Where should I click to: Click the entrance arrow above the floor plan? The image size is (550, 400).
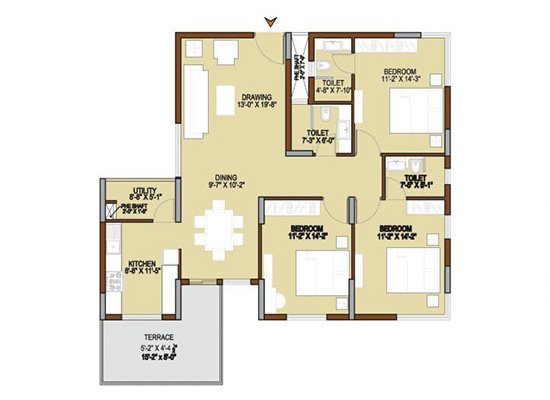[x=269, y=20]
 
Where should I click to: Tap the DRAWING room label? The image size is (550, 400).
[x=256, y=97]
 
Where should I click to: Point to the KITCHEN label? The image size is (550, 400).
[x=142, y=265]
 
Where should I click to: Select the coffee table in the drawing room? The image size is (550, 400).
[x=224, y=98]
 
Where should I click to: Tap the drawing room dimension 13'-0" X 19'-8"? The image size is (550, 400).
[x=256, y=105]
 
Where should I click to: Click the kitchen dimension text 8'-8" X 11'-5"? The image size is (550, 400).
[x=142, y=273]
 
